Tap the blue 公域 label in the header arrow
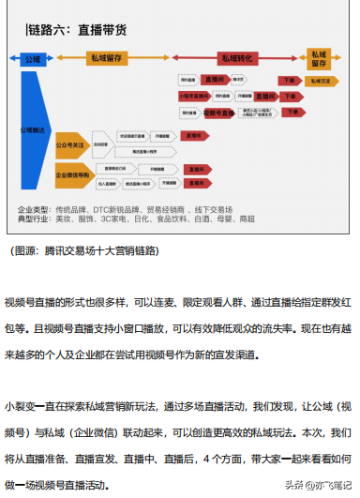[x=34, y=58]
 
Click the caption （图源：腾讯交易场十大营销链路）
[x=84, y=250]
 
